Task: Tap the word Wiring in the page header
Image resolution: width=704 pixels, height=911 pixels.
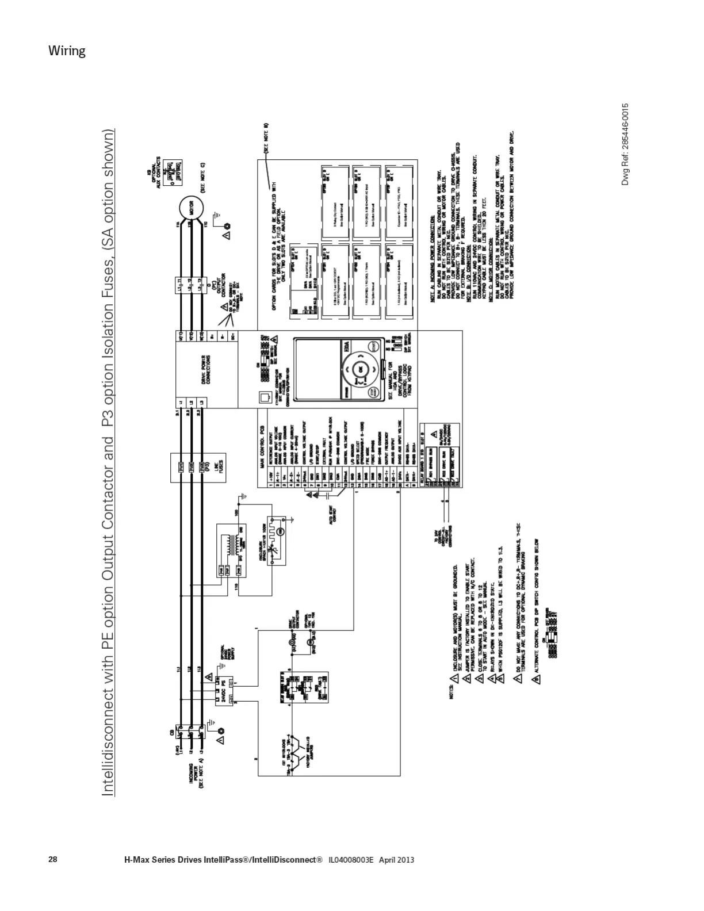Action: click(x=67, y=51)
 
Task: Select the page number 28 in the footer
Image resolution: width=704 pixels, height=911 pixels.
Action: click(x=53, y=860)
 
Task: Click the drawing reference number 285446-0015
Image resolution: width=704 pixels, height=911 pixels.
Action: click(x=625, y=144)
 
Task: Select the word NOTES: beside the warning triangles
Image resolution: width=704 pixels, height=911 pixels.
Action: click(x=452, y=697)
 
